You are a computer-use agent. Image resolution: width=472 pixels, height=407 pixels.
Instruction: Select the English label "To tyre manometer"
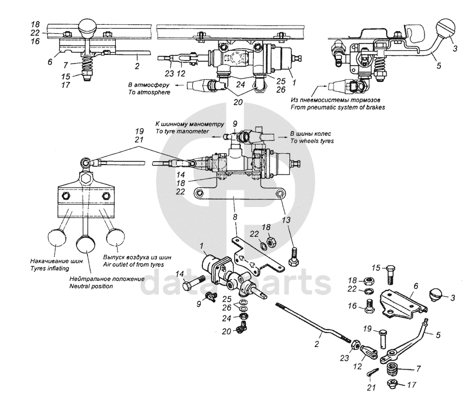(179, 131)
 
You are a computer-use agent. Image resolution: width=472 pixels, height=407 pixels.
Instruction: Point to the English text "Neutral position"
(90, 286)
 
